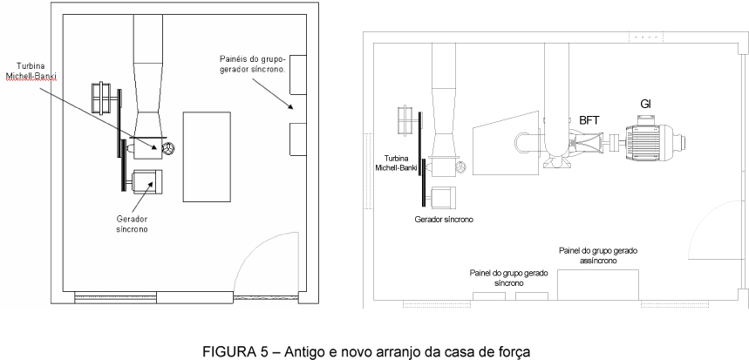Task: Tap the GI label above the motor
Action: click(x=646, y=104)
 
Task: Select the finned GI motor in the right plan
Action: click(x=650, y=140)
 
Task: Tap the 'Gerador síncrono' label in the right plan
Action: click(x=443, y=220)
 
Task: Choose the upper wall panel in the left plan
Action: click(x=295, y=68)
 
